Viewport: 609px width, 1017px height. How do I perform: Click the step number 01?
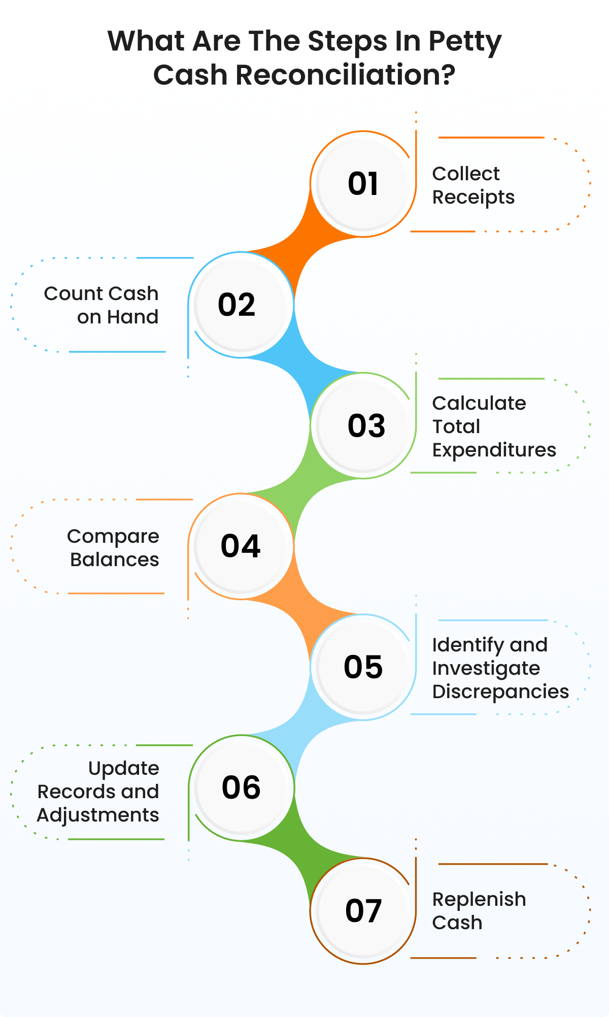click(x=363, y=184)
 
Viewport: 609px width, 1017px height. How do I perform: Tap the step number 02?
click(x=236, y=305)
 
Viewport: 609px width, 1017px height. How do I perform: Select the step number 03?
click(x=366, y=425)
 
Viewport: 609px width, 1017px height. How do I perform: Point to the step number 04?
click(x=241, y=546)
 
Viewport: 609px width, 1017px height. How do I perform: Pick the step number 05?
click(x=363, y=667)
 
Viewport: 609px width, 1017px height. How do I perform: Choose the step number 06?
click(x=242, y=788)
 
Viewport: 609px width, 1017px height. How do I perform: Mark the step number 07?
click(x=363, y=910)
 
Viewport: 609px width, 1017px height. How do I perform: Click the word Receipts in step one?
click(x=473, y=198)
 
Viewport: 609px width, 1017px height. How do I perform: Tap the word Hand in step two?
click(x=132, y=317)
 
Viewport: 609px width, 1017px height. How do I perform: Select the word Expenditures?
click(x=494, y=450)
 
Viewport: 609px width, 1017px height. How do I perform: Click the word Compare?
click(x=113, y=537)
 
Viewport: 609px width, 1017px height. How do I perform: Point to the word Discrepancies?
click(x=500, y=692)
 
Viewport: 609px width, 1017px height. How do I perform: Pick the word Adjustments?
click(x=98, y=815)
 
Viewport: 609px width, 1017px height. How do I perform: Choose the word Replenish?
click(x=479, y=899)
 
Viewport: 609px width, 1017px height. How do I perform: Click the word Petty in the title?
click(x=465, y=42)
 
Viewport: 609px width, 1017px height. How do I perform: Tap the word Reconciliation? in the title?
click(x=345, y=75)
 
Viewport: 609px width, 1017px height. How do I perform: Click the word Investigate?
click(x=486, y=668)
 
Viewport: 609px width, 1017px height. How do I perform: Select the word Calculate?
click(x=479, y=403)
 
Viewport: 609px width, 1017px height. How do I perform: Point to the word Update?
click(x=123, y=768)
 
